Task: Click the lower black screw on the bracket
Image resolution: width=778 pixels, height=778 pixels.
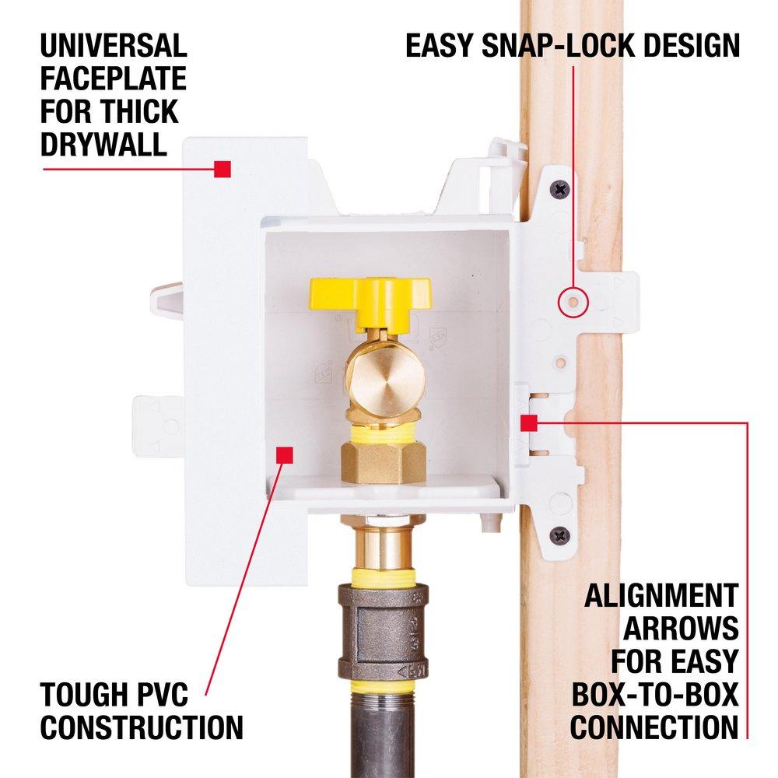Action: [559, 535]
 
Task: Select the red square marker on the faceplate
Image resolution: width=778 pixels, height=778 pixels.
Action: [223, 168]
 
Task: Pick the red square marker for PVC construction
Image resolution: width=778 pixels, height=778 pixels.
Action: [285, 454]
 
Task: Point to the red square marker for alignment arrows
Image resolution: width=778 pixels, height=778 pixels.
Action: [528, 423]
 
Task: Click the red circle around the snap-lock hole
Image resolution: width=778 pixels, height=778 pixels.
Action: [573, 300]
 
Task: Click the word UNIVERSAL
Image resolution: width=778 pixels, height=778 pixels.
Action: [114, 46]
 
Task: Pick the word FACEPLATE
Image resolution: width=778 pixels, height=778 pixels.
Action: [114, 79]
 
